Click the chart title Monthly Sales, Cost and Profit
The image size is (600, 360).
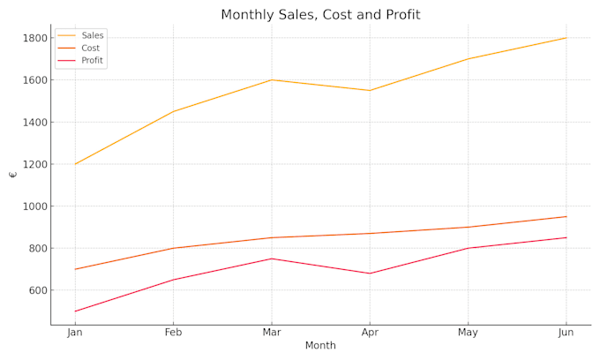(x=320, y=15)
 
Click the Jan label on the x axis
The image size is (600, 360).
(x=75, y=333)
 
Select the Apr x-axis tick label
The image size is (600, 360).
(x=370, y=333)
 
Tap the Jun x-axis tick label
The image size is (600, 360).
(x=566, y=333)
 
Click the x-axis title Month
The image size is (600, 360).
(x=320, y=346)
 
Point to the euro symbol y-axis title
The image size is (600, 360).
(x=12, y=175)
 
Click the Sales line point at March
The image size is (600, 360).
(x=272, y=80)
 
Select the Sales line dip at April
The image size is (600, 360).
(x=370, y=90)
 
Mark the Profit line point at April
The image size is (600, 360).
(x=370, y=274)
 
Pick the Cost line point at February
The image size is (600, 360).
(x=173, y=248)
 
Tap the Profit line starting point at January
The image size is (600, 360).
(x=75, y=311)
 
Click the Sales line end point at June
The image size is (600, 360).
(x=566, y=38)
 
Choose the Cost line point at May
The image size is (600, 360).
(x=468, y=227)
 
